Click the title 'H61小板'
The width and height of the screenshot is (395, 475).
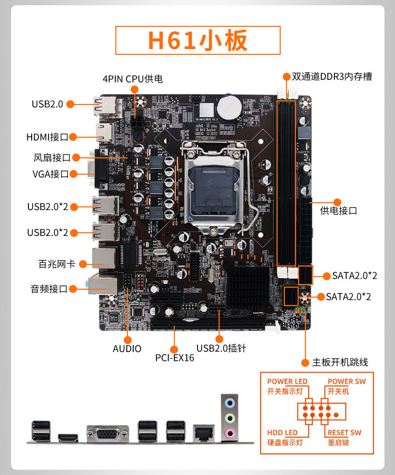pos(197,40)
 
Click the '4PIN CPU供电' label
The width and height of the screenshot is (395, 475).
pos(133,79)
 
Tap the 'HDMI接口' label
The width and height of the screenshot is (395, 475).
pos(47,137)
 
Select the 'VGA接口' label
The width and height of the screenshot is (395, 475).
pos(51,174)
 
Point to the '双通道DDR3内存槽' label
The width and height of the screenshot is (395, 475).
pos(332,77)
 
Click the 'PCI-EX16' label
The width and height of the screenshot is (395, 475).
pos(174,358)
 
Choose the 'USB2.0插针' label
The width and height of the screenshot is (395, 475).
pos(221,348)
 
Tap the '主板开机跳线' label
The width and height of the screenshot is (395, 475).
pos(340,362)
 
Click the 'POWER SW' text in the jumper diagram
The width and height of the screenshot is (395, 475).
pos(347,382)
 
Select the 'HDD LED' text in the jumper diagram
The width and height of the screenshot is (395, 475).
pos(282,433)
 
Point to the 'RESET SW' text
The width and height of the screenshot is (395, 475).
pos(344,433)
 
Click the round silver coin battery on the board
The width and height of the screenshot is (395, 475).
pos(230,108)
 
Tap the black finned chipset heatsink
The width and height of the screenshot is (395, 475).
pos(248,287)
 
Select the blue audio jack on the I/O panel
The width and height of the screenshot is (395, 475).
pos(230,403)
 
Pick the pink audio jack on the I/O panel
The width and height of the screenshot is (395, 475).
pos(230,433)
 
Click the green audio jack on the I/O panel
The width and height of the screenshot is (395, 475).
pos(230,419)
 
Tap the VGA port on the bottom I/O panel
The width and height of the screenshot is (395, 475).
pos(107,434)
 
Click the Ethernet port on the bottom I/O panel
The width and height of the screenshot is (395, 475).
pos(204,433)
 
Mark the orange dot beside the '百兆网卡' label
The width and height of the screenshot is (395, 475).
pos(83,264)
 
